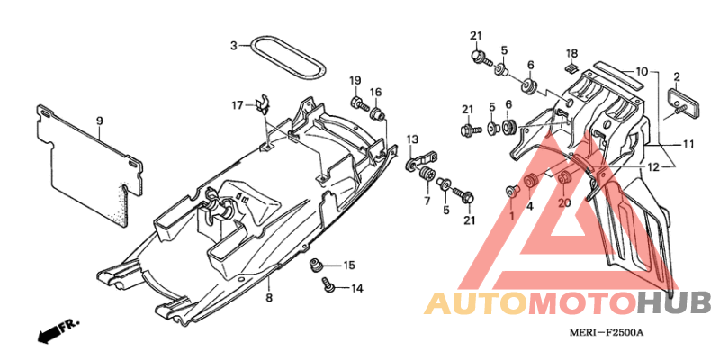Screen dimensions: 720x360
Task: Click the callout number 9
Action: (99, 121)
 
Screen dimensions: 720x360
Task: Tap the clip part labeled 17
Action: (262, 106)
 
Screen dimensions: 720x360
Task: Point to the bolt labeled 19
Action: (359, 103)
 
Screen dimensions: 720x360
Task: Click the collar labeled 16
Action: (377, 113)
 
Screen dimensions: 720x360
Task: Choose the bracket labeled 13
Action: (422, 160)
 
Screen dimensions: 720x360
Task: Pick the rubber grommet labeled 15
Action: (316, 265)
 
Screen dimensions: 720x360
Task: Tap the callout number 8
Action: (269, 298)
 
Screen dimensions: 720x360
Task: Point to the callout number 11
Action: (688, 144)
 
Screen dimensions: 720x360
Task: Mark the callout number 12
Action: (653, 167)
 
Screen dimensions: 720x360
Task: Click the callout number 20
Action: (564, 202)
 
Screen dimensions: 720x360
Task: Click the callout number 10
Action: (642, 72)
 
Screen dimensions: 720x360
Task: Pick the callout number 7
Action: (427, 201)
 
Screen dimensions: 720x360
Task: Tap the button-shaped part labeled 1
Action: (511, 191)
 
